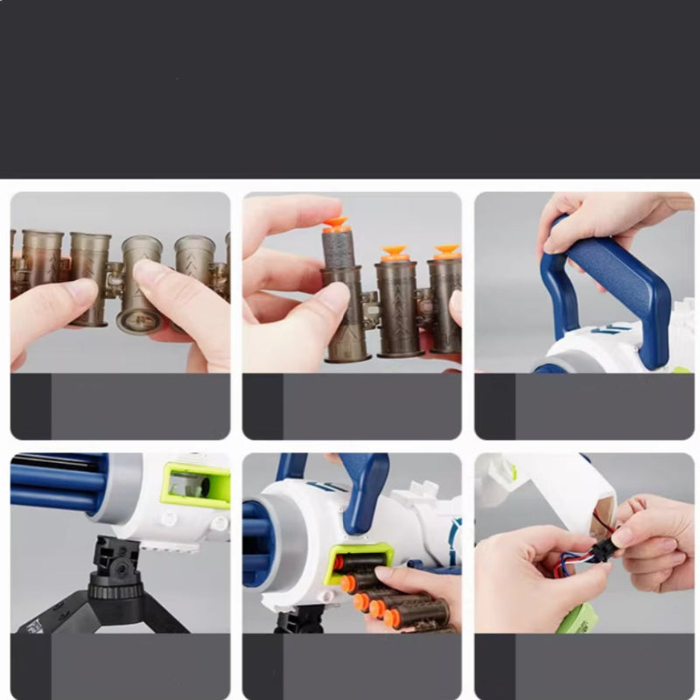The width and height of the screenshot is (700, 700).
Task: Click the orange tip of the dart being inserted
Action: [335, 225]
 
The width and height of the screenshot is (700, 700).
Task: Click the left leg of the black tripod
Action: [52, 612]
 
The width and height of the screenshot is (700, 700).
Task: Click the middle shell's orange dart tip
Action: [393, 254]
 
